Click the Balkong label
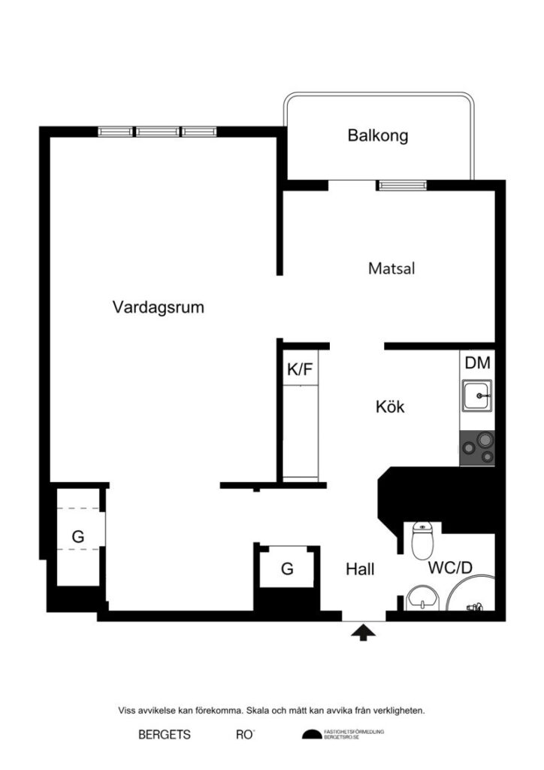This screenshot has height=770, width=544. (377, 136)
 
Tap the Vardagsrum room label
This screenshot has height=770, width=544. (158, 307)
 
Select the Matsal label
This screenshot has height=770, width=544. (392, 268)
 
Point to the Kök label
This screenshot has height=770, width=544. (390, 408)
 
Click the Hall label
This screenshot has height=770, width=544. (360, 569)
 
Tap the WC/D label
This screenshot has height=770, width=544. (450, 568)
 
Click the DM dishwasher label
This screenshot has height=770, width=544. (477, 363)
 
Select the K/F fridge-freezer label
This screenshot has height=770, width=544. (300, 369)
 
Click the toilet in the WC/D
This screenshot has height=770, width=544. (423, 540)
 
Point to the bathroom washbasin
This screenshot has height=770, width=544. (421, 600)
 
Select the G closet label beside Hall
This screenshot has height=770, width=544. (287, 569)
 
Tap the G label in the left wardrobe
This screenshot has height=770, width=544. (77, 536)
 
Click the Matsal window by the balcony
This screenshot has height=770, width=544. (401, 183)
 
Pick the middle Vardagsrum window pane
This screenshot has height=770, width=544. (158, 132)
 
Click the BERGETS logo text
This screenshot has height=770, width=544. (165, 735)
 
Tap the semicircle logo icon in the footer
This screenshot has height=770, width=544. (311, 735)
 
